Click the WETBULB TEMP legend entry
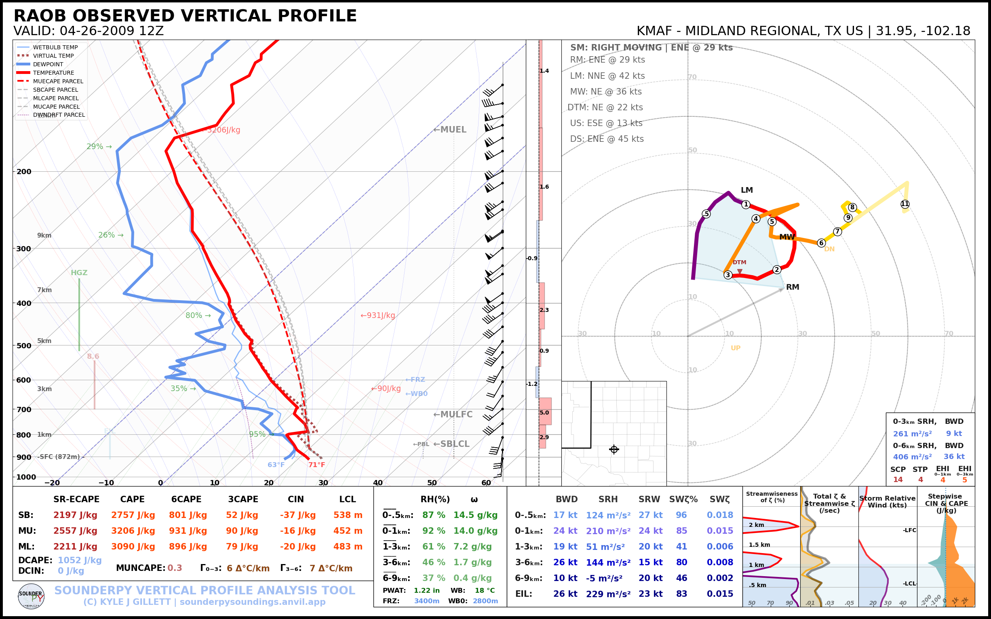(55, 48)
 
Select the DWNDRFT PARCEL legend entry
(59, 115)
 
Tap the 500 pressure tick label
(23, 345)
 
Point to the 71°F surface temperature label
(316, 465)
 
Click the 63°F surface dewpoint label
(276, 465)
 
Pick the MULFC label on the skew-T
(453, 414)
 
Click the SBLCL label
(451, 444)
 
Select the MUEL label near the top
(450, 129)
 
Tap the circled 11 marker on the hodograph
(905, 204)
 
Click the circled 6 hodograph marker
(821, 243)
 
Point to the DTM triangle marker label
(740, 262)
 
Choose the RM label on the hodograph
(793, 287)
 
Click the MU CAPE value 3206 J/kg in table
(133, 531)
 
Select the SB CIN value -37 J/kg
(298, 515)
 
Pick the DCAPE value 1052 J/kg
(80, 560)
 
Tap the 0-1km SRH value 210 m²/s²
(608, 531)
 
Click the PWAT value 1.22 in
(427, 590)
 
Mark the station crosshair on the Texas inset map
(614, 450)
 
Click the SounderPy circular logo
(31, 596)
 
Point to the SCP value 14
(898, 479)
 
